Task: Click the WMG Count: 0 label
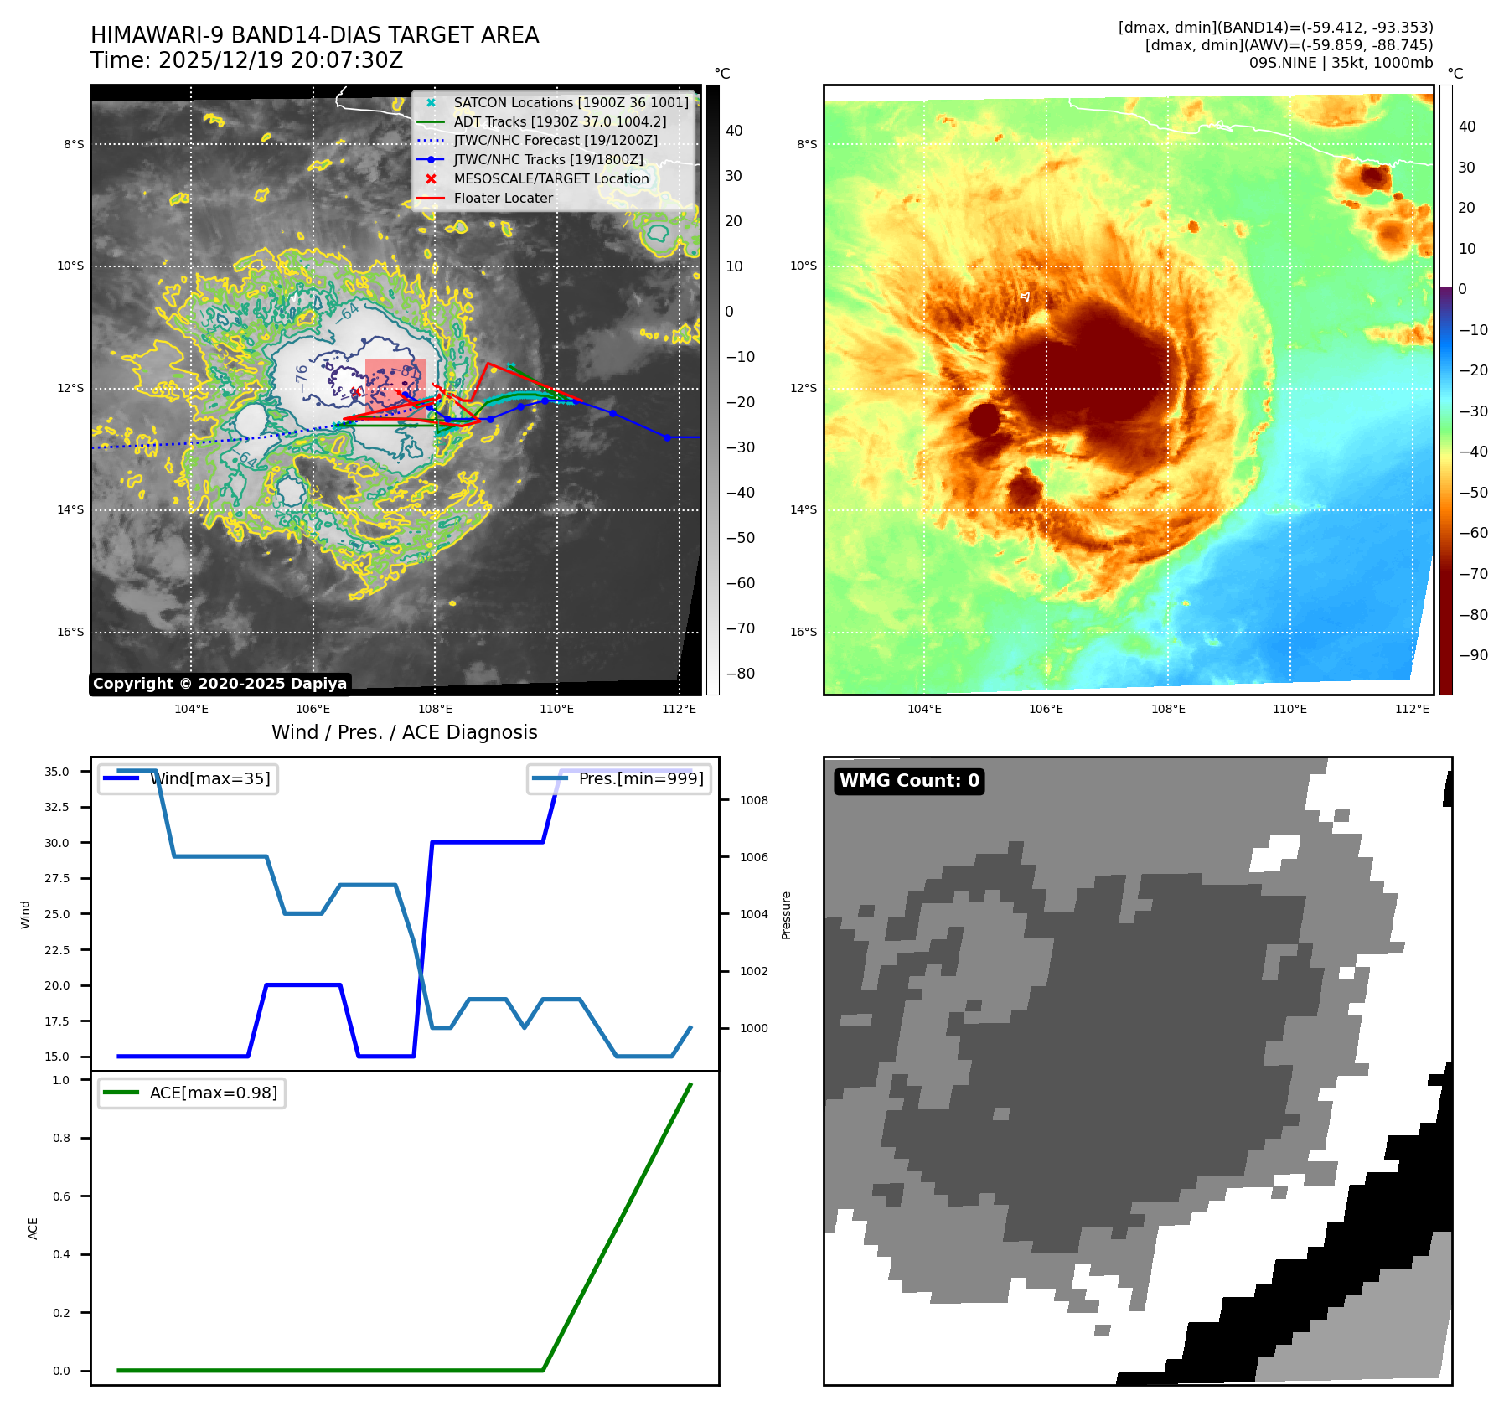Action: (x=909, y=781)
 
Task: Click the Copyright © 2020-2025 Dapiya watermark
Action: (x=220, y=684)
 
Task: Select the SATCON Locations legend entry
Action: (x=571, y=102)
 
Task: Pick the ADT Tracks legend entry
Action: (x=560, y=121)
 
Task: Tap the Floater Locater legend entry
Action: (x=503, y=199)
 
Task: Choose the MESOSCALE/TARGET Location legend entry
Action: (x=550, y=179)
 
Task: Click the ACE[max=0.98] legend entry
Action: (x=213, y=1093)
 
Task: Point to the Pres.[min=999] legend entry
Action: (x=641, y=778)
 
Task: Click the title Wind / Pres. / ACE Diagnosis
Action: (x=404, y=732)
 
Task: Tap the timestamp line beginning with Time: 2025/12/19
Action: (x=247, y=60)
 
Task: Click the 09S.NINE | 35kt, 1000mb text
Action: (x=1341, y=63)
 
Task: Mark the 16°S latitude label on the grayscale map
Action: (x=71, y=632)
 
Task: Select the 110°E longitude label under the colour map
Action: (x=1289, y=709)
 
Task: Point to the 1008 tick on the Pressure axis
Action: (x=753, y=800)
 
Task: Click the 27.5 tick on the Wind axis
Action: (x=57, y=878)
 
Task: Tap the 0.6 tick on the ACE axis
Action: (x=61, y=1196)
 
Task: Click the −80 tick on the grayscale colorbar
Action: (x=740, y=674)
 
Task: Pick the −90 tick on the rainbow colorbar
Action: (x=1473, y=655)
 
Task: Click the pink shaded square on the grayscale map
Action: (x=395, y=385)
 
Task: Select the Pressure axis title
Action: (x=786, y=915)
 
